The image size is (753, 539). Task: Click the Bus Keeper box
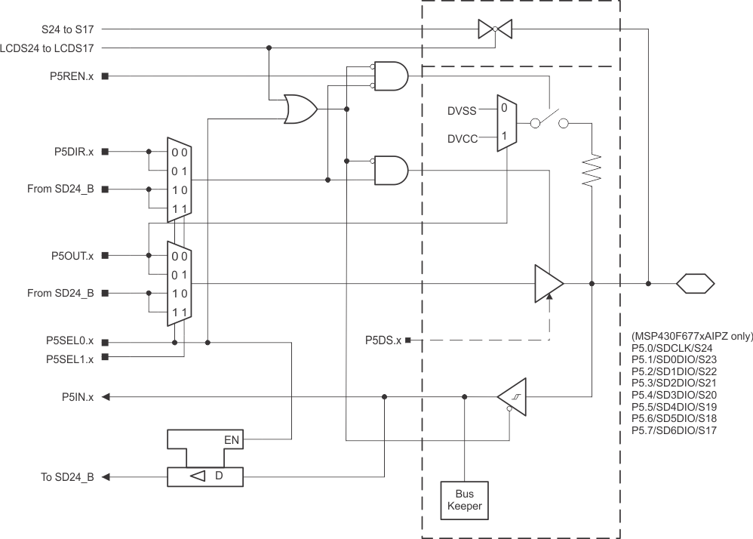pyautogui.click(x=464, y=500)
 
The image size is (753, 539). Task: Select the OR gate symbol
pyautogui.click(x=300, y=109)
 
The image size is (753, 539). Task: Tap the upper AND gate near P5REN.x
pyautogui.click(x=391, y=76)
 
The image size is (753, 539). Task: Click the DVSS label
pyautogui.click(x=461, y=111)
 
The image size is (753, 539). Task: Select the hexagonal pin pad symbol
pyautogui.click(x=694, y=284)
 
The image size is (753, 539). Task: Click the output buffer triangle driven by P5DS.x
pyautogui.click(x=548, y=284)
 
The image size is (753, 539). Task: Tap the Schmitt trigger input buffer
pyautogui.click(x=512, y=397)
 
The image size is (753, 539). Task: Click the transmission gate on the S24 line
pyautogui.click(x=495, y=29)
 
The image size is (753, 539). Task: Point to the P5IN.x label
pyautogui.click(x=78, y=397)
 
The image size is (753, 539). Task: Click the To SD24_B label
pyautogui.click(x=67, y=477)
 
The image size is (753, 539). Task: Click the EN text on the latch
pyautogui.click(x=232, y=438)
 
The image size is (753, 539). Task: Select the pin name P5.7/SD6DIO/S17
pyautogui.click(x=674, y=430)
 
